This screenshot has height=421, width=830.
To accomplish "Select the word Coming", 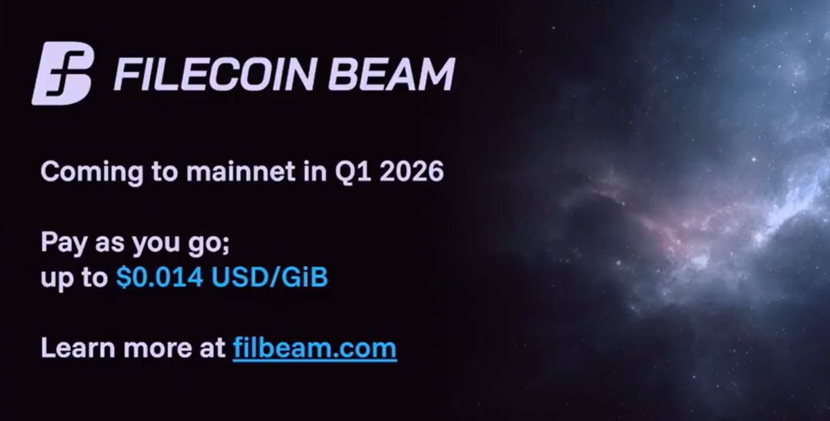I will coord(82,170).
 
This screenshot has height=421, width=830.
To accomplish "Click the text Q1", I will coord(343,171).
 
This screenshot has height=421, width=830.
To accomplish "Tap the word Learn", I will coord(73,348).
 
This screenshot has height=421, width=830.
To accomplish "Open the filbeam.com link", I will coord(315,348).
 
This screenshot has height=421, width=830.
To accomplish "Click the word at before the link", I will coord(210,348).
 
